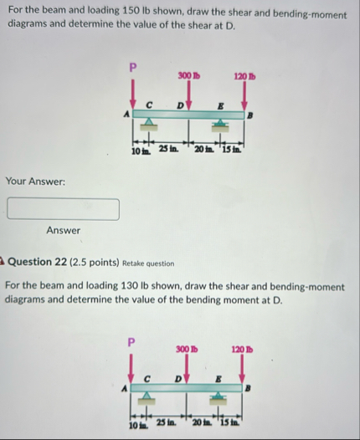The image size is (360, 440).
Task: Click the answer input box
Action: (63, 208)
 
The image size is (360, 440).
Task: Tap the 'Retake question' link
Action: (152, 262)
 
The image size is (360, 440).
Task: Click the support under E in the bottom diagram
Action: (220, 402)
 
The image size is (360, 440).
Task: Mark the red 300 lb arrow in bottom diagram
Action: (188, 369)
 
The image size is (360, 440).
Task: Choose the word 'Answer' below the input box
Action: (63, 231)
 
